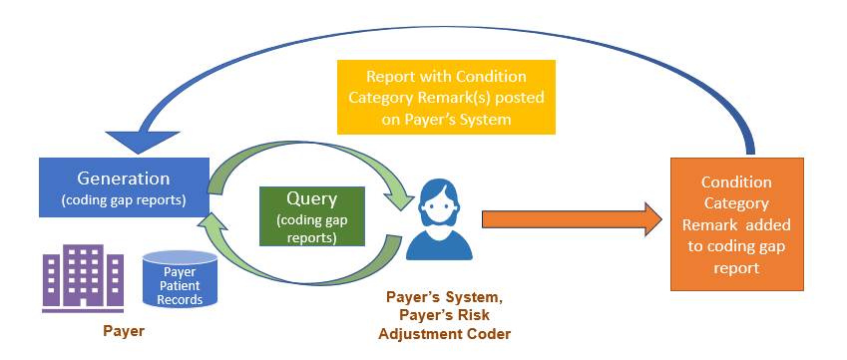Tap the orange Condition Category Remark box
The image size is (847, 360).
pyautogui.click(x=736, y=225)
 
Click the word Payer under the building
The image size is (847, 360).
pyautogui.click(x=124, y=329)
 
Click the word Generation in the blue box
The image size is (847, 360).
pyautogui.click(x=124, y=179)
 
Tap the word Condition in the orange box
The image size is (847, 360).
pyautogui.click(x=736, y=182)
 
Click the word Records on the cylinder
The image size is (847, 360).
pyautogui.click(x=181, y=299)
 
